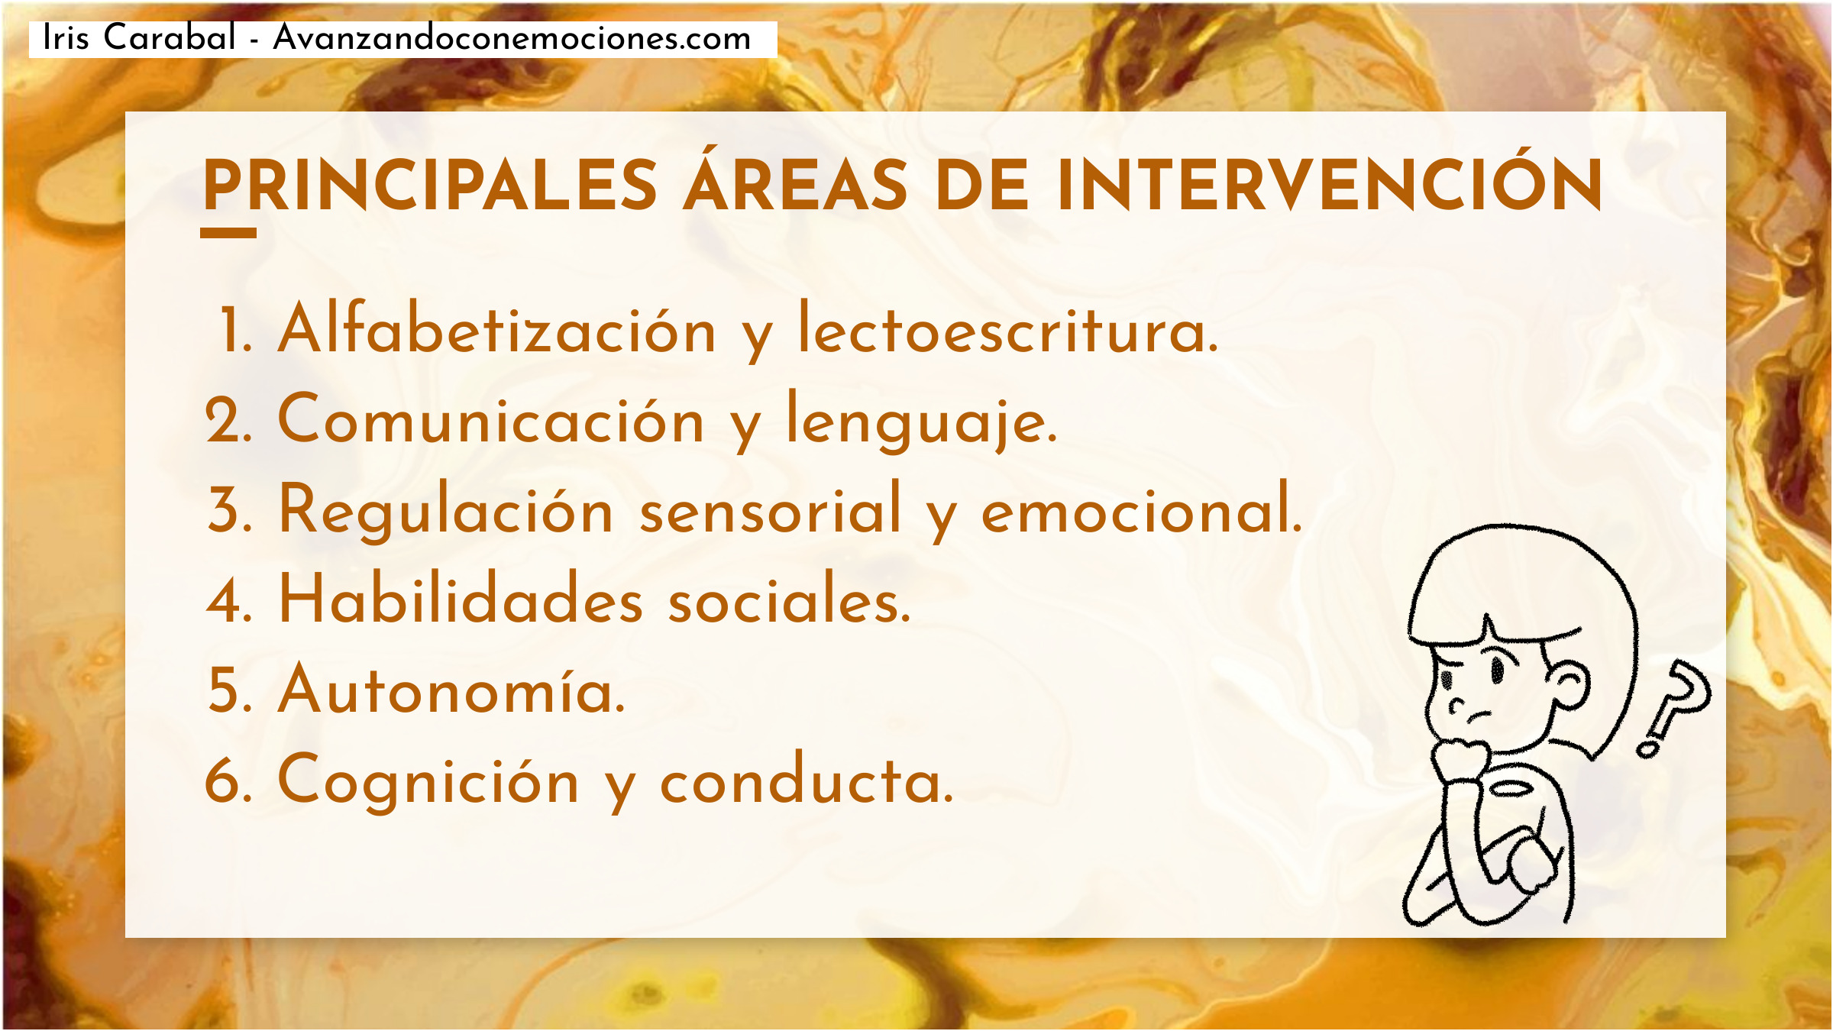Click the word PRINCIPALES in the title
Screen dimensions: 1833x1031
tap(430, 185)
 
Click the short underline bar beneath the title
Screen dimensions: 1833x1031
tap(228, 233)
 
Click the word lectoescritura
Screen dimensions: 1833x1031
tap(1008, 328)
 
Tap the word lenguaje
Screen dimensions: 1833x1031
tap(922, 422)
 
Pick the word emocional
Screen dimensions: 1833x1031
tap(1142, 507)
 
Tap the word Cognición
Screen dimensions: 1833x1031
tap(428, 781)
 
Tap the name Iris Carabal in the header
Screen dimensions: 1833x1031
tap(140, 37)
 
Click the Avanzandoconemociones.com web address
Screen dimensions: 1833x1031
tap(512, 38)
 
